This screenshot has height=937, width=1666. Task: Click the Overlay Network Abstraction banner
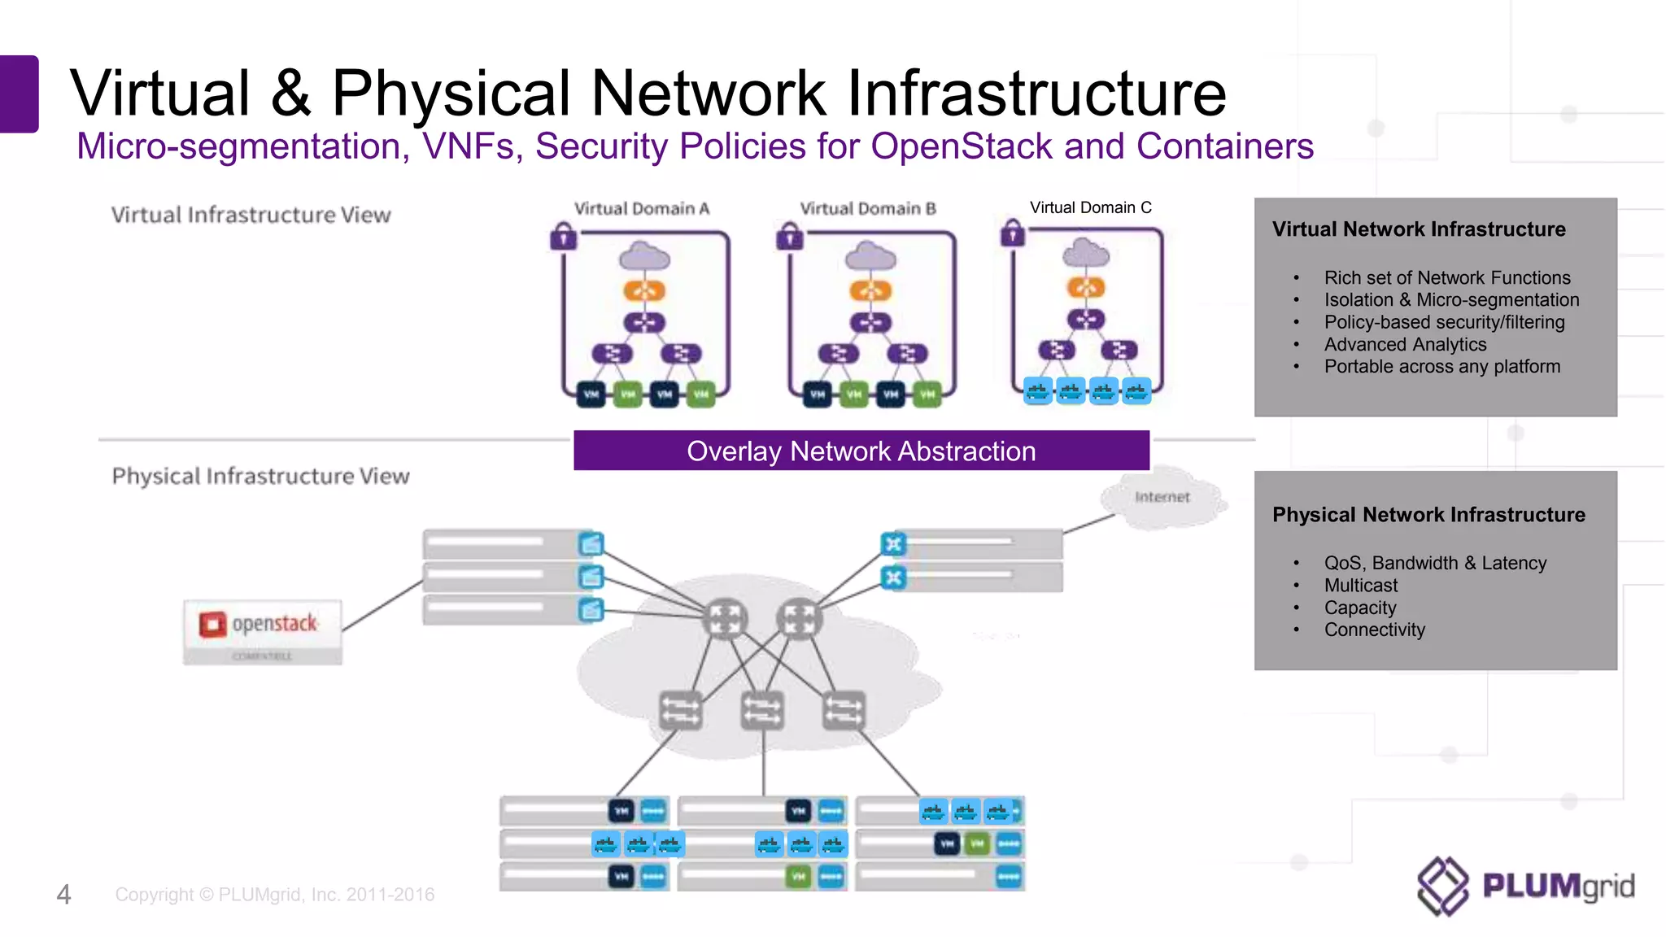click(x=861, y=451)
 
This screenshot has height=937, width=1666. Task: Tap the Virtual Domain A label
click(x=642, y=208)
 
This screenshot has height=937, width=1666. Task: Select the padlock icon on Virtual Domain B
click(x=789, y=237)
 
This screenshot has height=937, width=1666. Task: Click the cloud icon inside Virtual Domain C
click(x=1086, y=254)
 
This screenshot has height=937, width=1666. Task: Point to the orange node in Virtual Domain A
click(x=644, y=290)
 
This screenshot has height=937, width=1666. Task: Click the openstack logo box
click(x=262, y=631)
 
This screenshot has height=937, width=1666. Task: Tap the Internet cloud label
click(x=1162, y=497)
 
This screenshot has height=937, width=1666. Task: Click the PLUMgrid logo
click(x=1526, y=886)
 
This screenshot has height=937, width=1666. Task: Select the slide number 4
click(x=63, y=894)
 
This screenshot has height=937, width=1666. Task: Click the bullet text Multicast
click(x=1360, y=585)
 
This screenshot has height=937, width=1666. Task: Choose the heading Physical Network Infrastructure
click(x=1428, y=514)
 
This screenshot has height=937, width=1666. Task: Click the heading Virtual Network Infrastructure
click(x=1418, y=229)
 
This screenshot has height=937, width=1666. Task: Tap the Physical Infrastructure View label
click(x=260, y=476)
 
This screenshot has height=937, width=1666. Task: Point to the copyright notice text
click(x=274, y=894)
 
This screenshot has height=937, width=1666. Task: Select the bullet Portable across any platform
click(x=1441, y=366)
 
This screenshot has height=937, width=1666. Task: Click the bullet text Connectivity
click(x=1374, y=630)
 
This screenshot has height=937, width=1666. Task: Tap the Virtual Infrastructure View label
click(x=251, y=215)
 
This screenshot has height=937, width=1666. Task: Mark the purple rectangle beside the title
click(x=19, y=94)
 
